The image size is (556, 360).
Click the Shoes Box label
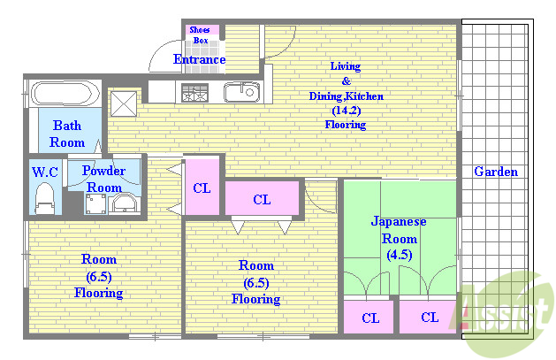coord(200,34)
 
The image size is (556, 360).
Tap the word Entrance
coord(199,60)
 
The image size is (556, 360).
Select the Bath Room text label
coord(66,134)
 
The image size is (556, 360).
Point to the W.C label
coord(44,172)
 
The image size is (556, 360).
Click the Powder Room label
coord(104,179)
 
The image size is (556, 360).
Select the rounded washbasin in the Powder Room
coord(124,203)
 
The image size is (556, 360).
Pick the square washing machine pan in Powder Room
coord(95,204)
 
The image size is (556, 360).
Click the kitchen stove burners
coord(194,91)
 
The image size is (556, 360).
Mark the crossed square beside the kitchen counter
coord(124,102)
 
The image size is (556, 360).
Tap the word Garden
coord(496,172)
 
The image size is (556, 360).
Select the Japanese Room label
coord(400,229)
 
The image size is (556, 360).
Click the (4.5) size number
coord(399,256)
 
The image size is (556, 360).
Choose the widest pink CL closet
coord(263,199)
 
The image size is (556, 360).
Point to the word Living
coord(346,66)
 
